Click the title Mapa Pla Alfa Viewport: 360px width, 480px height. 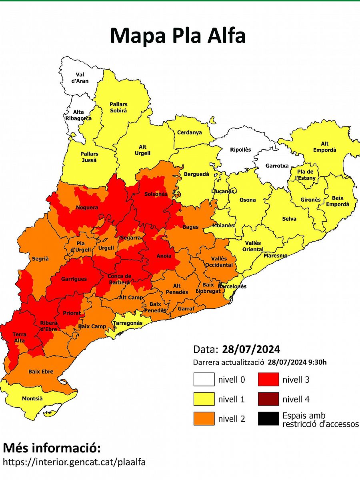click(178, 36)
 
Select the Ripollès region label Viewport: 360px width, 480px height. click(240, 150)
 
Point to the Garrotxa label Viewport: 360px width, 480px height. click(277, 166)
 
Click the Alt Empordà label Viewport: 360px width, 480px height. click(324, 147)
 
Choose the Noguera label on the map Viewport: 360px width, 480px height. click(86, 208)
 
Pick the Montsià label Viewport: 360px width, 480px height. click(32, 398)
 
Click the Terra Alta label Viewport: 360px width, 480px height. click(19, 338)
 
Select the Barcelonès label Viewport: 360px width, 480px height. click(232, 286)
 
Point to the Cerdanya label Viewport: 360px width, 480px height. click(190, 132)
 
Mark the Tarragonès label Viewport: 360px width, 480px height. click(127, 323)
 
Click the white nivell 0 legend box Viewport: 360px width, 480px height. click(204, 379)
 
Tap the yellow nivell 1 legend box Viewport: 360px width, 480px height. click(204, 399)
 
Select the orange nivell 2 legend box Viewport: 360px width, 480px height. click(204, 418)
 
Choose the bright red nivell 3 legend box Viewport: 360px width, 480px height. click(268, 379)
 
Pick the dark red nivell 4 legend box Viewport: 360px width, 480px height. click(268, 399)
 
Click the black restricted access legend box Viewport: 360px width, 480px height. click(268, 418)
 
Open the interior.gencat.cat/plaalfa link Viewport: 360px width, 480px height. click(74, 462)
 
